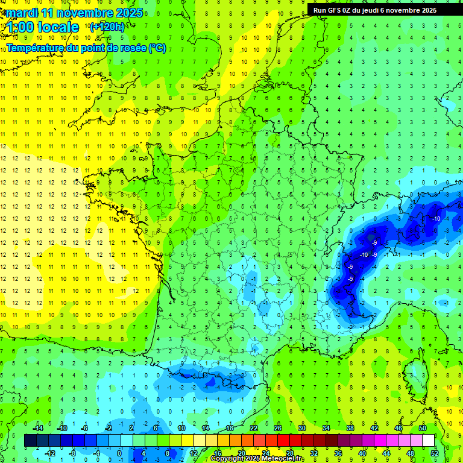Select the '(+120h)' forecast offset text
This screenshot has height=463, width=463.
(108, 27)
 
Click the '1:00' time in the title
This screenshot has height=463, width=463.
(19, 28)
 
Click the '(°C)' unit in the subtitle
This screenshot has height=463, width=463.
(157, 48)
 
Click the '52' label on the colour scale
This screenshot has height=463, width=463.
(435, 453)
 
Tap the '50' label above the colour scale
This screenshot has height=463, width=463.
(423, 428)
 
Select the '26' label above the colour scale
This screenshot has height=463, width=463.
(278, 428)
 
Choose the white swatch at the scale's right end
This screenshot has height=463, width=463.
(428, 441)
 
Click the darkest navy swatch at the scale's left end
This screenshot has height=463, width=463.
(30, 441)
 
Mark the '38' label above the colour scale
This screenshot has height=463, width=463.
(350, 428)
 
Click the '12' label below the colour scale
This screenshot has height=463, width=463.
(194, 453)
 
